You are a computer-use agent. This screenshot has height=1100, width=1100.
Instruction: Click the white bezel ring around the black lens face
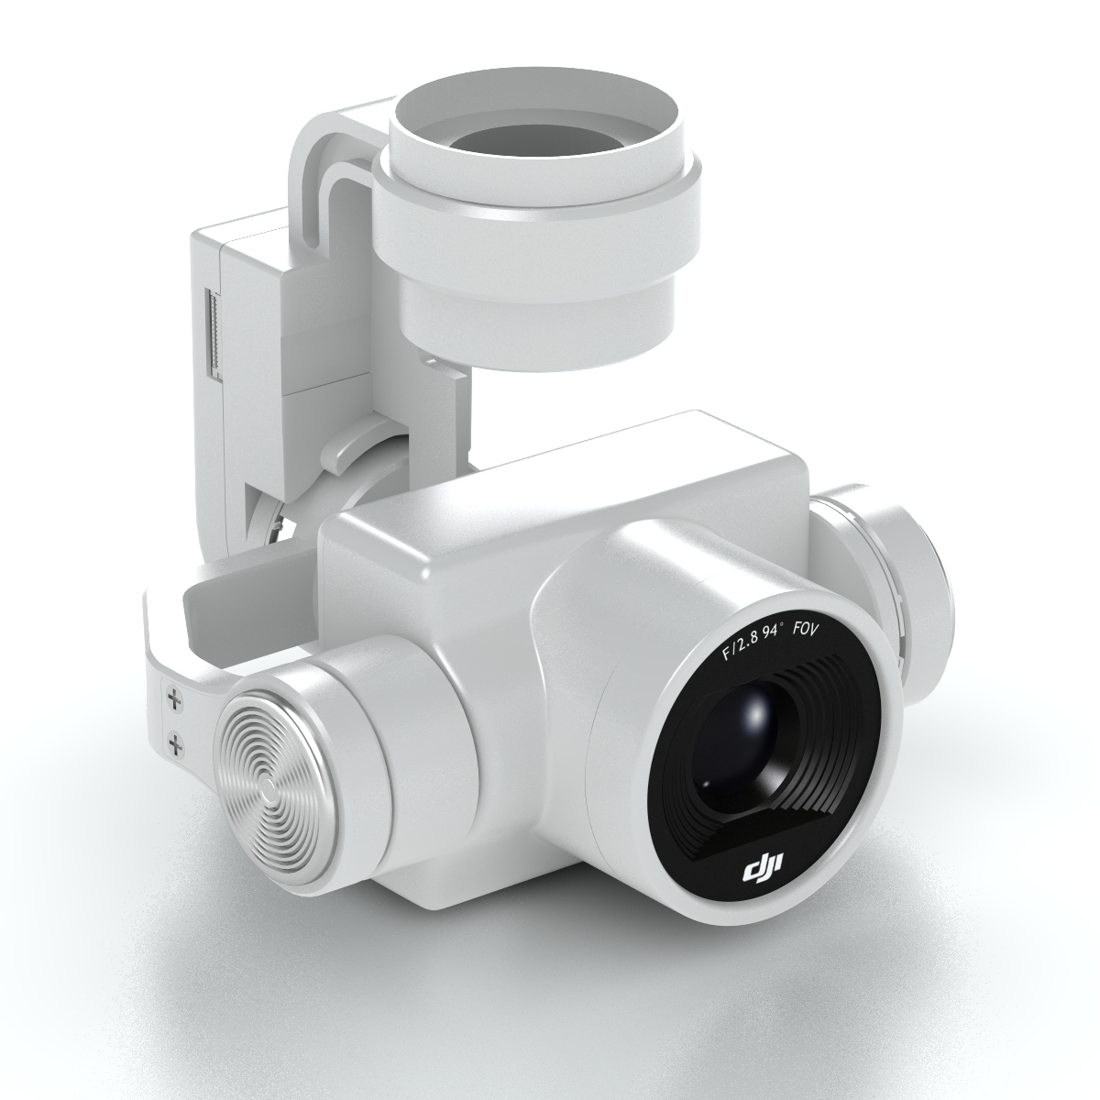click(x=871, y=807)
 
